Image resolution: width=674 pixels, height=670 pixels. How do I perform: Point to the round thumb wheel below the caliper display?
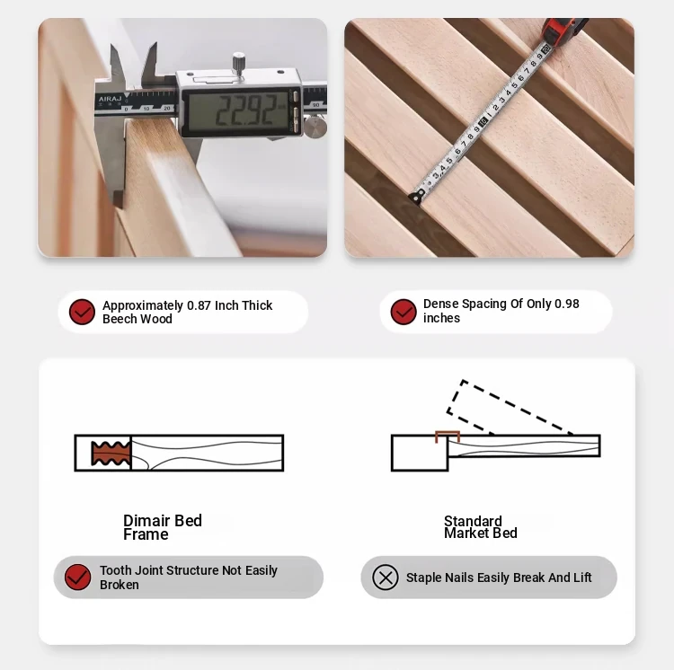tap(315, 128)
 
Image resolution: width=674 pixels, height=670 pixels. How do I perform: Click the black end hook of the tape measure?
tap(417, 197)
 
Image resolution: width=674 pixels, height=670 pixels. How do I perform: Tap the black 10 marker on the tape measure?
tap(483, 121)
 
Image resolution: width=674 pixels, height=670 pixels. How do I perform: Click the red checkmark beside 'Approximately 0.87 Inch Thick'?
tap(82, 312)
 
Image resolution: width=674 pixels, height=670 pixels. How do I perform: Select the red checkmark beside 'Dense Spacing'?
tap(404, 312)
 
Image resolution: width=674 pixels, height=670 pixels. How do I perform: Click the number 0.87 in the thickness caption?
tap(199, 305)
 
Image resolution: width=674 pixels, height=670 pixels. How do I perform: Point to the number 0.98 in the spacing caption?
tap(566, 304)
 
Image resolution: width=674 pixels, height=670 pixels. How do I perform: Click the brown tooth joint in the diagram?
tap(111, 454)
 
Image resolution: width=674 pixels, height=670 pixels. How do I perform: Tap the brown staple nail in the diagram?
tap(448, 436)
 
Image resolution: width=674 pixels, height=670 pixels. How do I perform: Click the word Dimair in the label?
tap(147, 521)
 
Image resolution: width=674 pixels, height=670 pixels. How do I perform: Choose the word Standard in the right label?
tap(473, 521)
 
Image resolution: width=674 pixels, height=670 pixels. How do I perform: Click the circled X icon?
tap(386, 577)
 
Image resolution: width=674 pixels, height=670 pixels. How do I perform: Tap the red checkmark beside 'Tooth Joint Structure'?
tap(77, 577)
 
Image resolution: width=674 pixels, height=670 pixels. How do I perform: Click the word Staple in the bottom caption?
tap(424, 578)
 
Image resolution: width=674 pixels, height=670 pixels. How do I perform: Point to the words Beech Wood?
tap(137, 319)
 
